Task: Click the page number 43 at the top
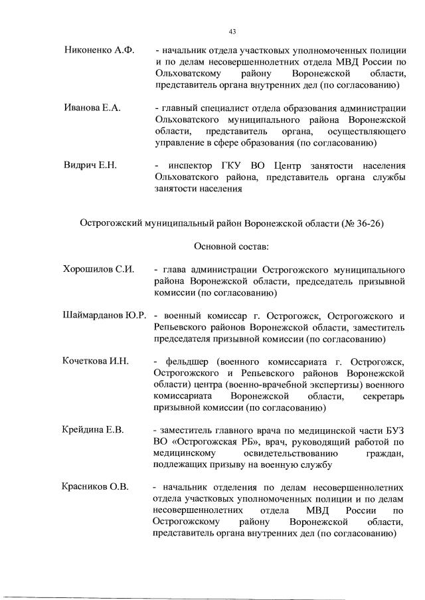tap(232, 31)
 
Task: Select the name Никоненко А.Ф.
tap(99, 50)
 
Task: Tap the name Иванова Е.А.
tap(92, 108)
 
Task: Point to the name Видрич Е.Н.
tap(90, 165)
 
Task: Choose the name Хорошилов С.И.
tap(98, 269)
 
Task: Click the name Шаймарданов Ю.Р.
tap(104, 315)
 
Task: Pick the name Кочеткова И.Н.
tap(96, 361)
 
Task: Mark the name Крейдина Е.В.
tap(93, 430)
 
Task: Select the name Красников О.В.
tap(96, 487)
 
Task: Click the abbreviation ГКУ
tap(244, 165)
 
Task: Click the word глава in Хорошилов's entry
tap(174, 269)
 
